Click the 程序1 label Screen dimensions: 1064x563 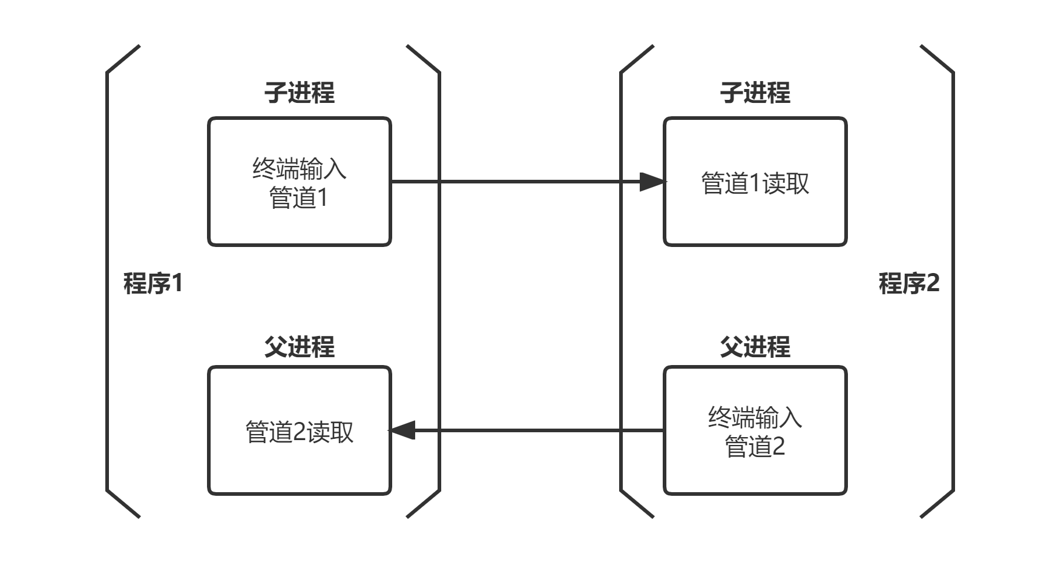click(x=152, y=283)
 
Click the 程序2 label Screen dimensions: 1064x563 click(x=908, y=283)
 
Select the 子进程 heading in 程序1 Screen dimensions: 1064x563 click(x=300, y=93)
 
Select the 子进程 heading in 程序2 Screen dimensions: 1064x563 click(x=755, y=93)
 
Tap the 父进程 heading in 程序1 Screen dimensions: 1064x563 click(x=300, y=347)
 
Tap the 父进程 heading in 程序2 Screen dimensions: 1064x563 click(x=755, y=347)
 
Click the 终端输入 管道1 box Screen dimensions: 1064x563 click(x=300, y=182)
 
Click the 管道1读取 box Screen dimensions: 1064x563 click(x=755, y=182)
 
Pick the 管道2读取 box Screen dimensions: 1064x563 click(x=300, y=430)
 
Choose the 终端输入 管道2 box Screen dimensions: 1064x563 click(x=755, y=430)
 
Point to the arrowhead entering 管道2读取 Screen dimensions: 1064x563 click(x=402, y=430)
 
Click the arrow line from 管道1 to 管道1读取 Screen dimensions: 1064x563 click(x=514, y=182)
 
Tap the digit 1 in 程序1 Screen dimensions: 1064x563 click(x=176, y=283)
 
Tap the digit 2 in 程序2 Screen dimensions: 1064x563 click(x=933, y=283)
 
